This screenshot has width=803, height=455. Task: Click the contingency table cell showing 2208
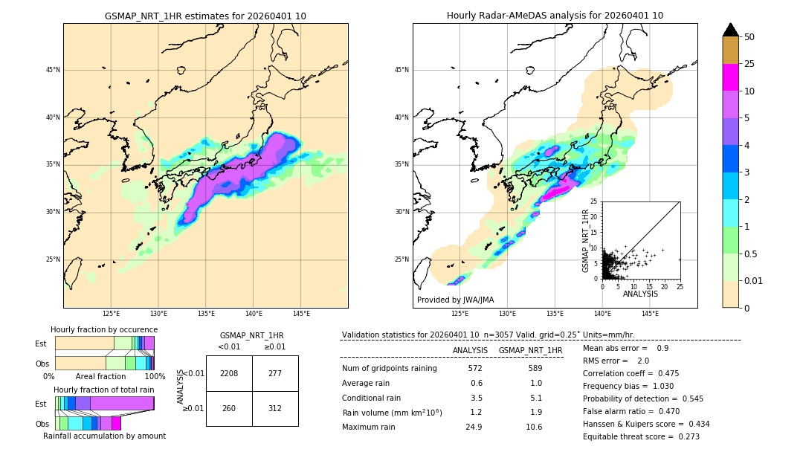(x=229, y=373)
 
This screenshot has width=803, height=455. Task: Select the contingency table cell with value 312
(x=275, y=408)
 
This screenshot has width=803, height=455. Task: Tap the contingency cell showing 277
(x=275, y=373)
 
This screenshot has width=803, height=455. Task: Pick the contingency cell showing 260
(x=229, y=408)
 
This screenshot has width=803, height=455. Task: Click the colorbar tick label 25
(x=749, y=64)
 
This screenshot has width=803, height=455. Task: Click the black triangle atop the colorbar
(x=731, y=30)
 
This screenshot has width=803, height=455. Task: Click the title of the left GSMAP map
(x=205, y=16)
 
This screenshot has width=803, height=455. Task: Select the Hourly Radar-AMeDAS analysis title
(x=555, y=16)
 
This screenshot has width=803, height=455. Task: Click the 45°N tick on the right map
(x=401, y=70)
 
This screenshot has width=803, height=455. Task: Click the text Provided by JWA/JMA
(x=455, y=300)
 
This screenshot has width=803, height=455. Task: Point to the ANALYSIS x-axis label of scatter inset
(x=640, y=294)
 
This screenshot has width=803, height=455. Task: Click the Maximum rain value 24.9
(x=475, y=427)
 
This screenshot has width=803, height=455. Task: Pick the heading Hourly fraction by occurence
(x=104, y=329)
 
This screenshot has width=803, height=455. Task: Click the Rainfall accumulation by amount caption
(x=104, y=436)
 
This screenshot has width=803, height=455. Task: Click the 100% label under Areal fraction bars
(x=155, y=376)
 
